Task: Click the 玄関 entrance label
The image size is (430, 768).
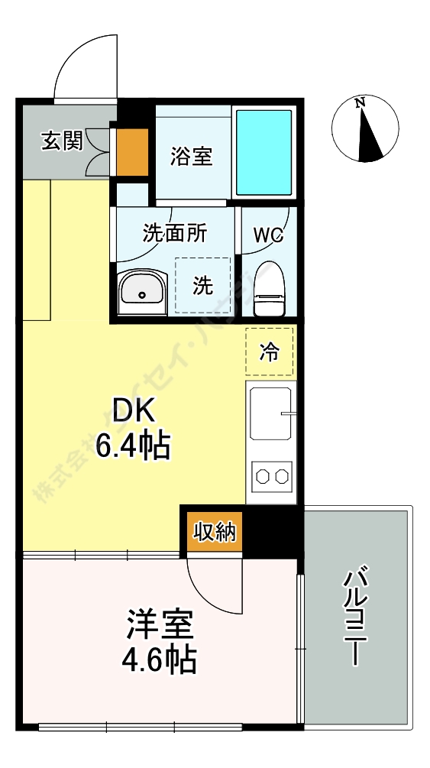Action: coord(62,141)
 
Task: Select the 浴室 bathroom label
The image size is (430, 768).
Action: coord(192,157)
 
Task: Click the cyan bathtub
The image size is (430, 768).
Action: coord(263,153)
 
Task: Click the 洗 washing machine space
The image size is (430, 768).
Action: coord(202,285)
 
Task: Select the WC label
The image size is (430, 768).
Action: coord(268,235)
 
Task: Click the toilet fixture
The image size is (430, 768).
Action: coord(268,288)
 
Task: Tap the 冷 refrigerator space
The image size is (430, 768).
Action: coord(269,352)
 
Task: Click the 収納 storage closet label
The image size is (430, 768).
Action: coord(214,533)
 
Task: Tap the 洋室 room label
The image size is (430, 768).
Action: coord(160,626)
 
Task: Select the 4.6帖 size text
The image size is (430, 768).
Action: coord(160,659)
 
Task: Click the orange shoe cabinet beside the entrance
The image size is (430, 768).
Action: coord(132,151)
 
